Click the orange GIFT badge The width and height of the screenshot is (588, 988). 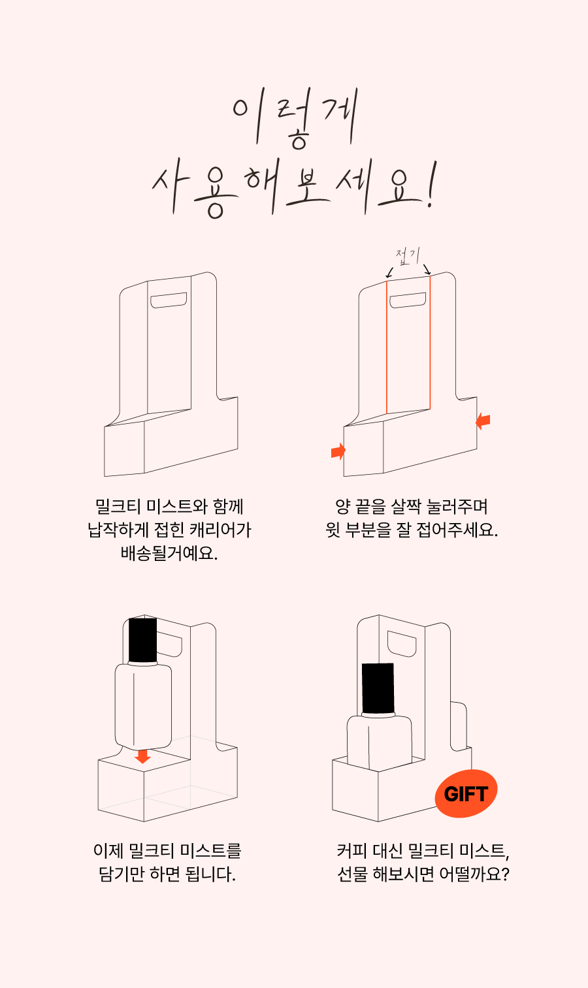click(466, 793)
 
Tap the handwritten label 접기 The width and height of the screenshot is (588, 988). click(408, 256)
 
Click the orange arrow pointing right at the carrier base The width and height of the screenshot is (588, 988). click(338, 451)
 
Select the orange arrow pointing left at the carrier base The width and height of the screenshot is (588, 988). click(483, 421)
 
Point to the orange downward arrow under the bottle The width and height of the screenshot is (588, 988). click(142, 756)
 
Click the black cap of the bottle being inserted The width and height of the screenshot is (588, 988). click(142, 640)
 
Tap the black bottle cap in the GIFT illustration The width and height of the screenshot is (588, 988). click(378, 688)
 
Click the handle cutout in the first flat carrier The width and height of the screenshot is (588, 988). click(169, 300)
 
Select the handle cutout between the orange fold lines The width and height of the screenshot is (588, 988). click(408, 300)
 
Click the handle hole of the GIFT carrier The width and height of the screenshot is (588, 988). click(402, 644)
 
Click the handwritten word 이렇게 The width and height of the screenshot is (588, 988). click(295, 118)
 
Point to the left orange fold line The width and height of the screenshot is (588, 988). click(387, 347)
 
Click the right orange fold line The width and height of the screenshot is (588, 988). click(430, 343)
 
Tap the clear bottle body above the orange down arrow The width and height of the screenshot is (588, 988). click(143, 707)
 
